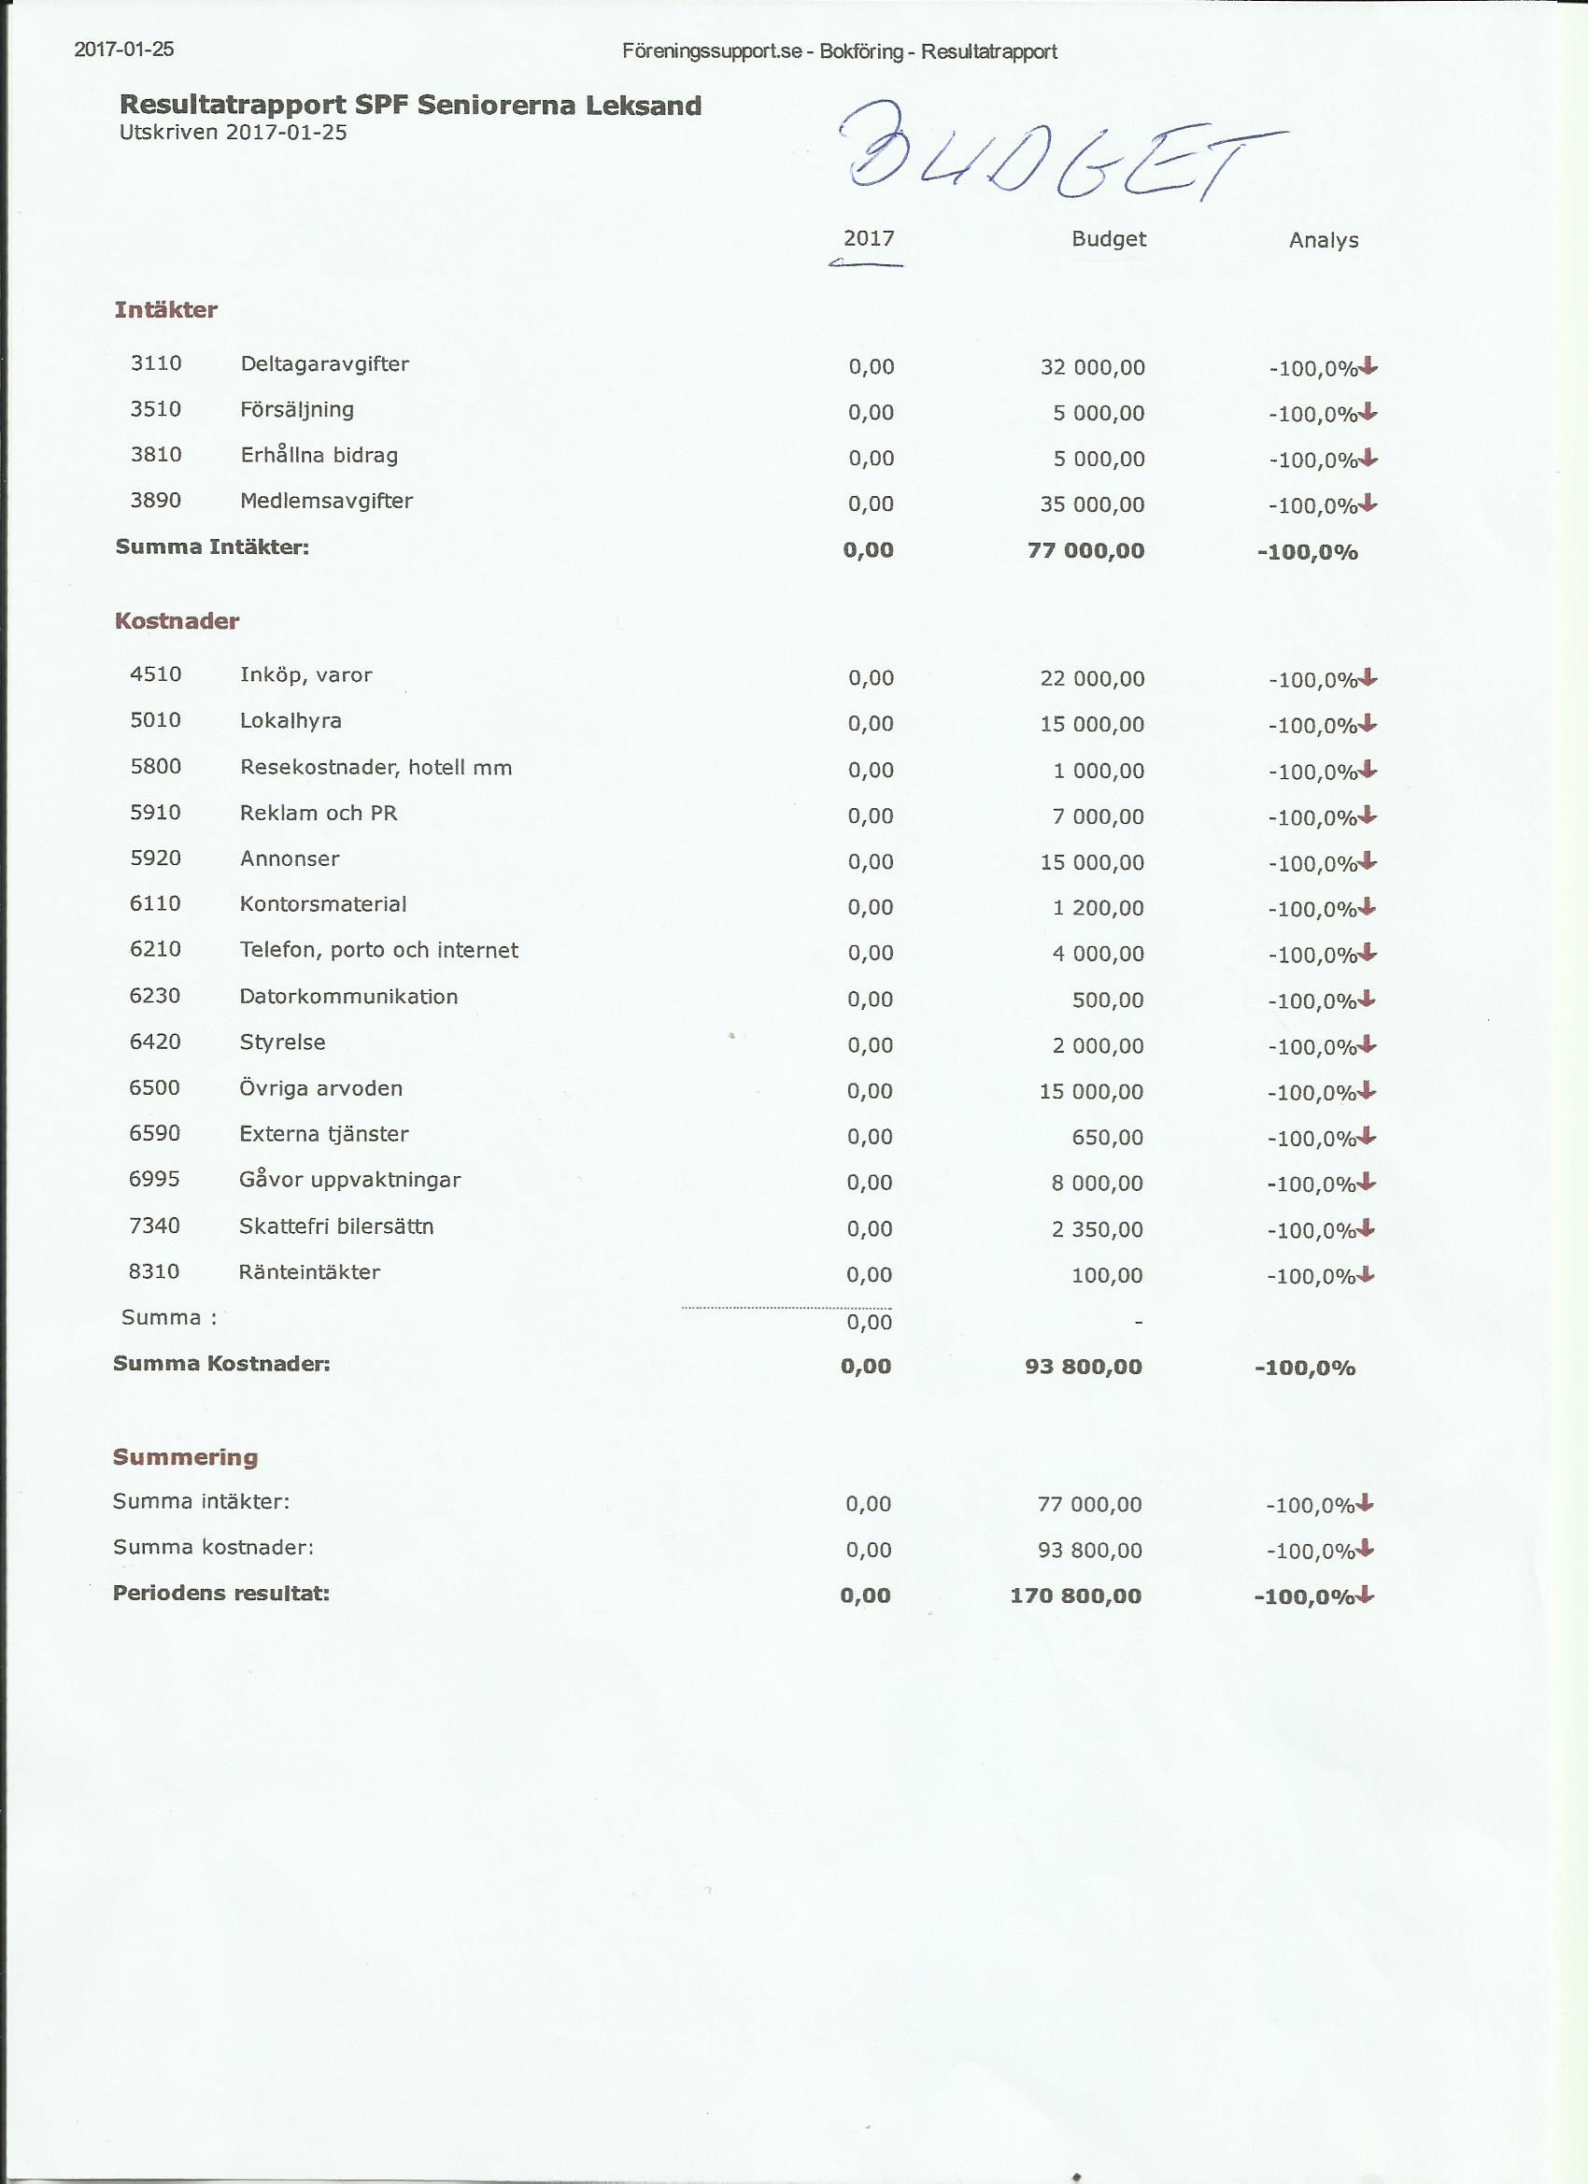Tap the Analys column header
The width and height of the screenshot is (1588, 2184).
1323,241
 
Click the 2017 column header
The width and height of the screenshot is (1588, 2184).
869,239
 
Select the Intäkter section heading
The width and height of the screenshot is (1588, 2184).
165,310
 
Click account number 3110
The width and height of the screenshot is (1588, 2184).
156,364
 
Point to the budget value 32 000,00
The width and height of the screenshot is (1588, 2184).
1092,367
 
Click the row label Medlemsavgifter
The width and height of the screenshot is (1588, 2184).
326,501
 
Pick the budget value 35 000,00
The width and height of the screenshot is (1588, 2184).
1092,504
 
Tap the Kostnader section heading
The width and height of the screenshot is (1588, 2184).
177,621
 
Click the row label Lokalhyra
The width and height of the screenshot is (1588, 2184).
291,721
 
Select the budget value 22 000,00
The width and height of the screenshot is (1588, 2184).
1092,679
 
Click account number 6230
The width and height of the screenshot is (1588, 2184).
155,996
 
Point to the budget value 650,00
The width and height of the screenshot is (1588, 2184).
1108,1138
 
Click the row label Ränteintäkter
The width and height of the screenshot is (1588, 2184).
309,1272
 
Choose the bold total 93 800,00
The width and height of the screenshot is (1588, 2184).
1084,1367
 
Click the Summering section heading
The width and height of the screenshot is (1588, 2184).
185,1457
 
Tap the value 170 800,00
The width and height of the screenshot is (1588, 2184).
1076,1595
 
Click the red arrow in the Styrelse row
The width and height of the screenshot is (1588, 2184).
1368,1043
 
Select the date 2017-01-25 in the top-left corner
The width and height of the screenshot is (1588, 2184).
124,50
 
